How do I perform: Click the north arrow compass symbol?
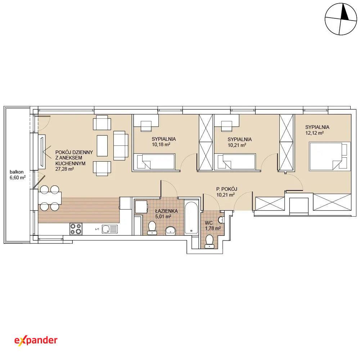click(x=341, y=19)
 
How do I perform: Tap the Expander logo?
click(x=36, y=340)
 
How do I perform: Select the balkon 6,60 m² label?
click(x=17, y=175)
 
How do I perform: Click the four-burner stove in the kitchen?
click(x=76, y=229)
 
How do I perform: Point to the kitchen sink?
click(x=110, y=229)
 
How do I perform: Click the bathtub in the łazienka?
click(x=191, y=217)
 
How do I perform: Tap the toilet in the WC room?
click(x=210, y=242)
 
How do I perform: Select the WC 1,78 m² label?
click(x=213, y=225)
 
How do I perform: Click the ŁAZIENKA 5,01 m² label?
click(x=166, y=213)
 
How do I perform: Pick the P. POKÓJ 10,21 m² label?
click(x=226, y=192)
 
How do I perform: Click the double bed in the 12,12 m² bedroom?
click(x=330, y=156)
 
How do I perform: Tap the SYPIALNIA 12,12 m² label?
click(x=317, y=130)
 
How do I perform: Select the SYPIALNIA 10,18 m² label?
click(x=163, y=141)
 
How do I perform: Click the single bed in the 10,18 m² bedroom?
click(x=154, y=162)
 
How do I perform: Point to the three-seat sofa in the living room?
click(x=121, y=145)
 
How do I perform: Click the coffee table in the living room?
click(x=102, y=146)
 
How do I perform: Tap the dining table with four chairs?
click(x=50, y=198)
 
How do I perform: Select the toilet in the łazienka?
click(x=152, y=228)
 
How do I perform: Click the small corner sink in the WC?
click(x=221, y=220)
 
